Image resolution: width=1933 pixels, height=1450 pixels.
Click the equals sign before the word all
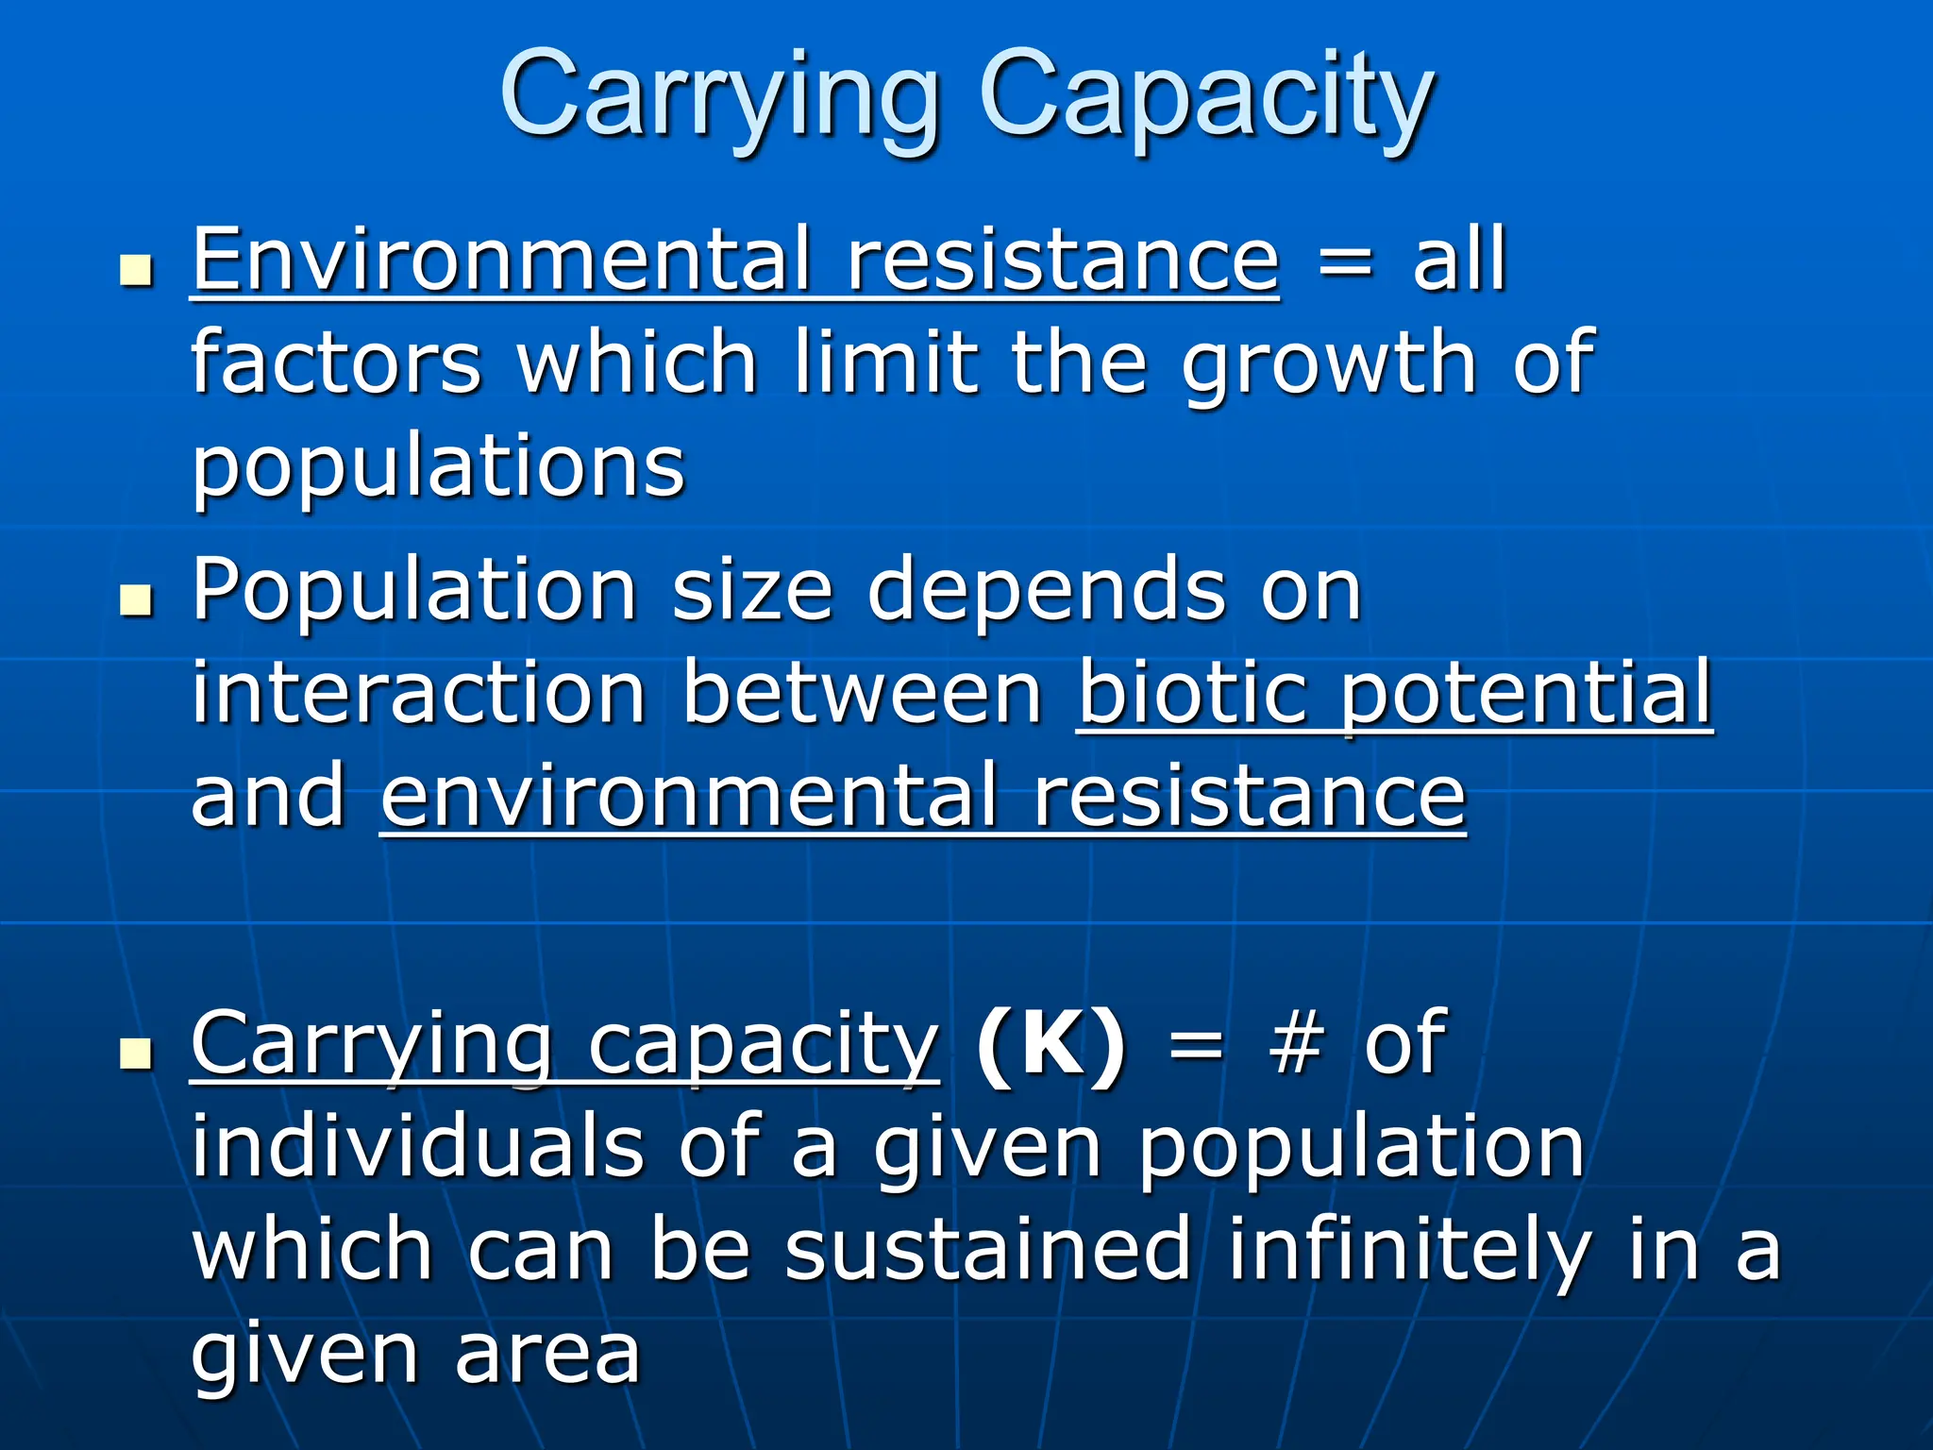point(1344,264)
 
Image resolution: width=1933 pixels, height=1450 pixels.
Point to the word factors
point(336,363)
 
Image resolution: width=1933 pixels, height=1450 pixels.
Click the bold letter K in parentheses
point(1050,1045)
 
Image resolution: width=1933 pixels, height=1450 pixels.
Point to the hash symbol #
point(1295,1045)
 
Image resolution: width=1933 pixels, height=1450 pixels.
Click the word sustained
point(987,1251)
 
